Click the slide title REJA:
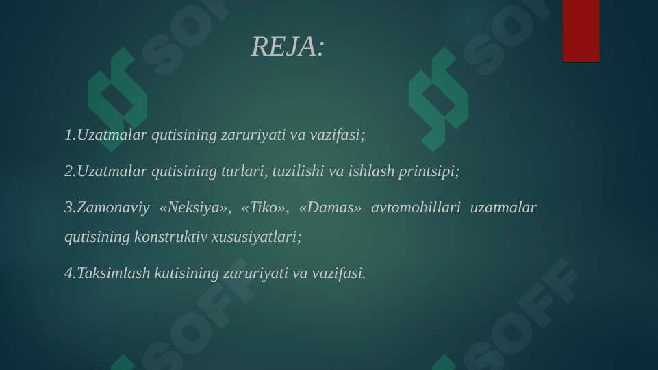[x=288, y=47]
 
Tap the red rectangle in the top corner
[x=581, y=31]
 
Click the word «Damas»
[x=330, y=207]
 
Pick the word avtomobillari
[x=416, y=207]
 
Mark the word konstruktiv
[x=170, y=236]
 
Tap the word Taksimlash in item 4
[x=113, y=273]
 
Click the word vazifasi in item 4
[x=338, y=273]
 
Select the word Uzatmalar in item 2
[x=112, y=171]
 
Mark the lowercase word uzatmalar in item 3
[x=503, y=207]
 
